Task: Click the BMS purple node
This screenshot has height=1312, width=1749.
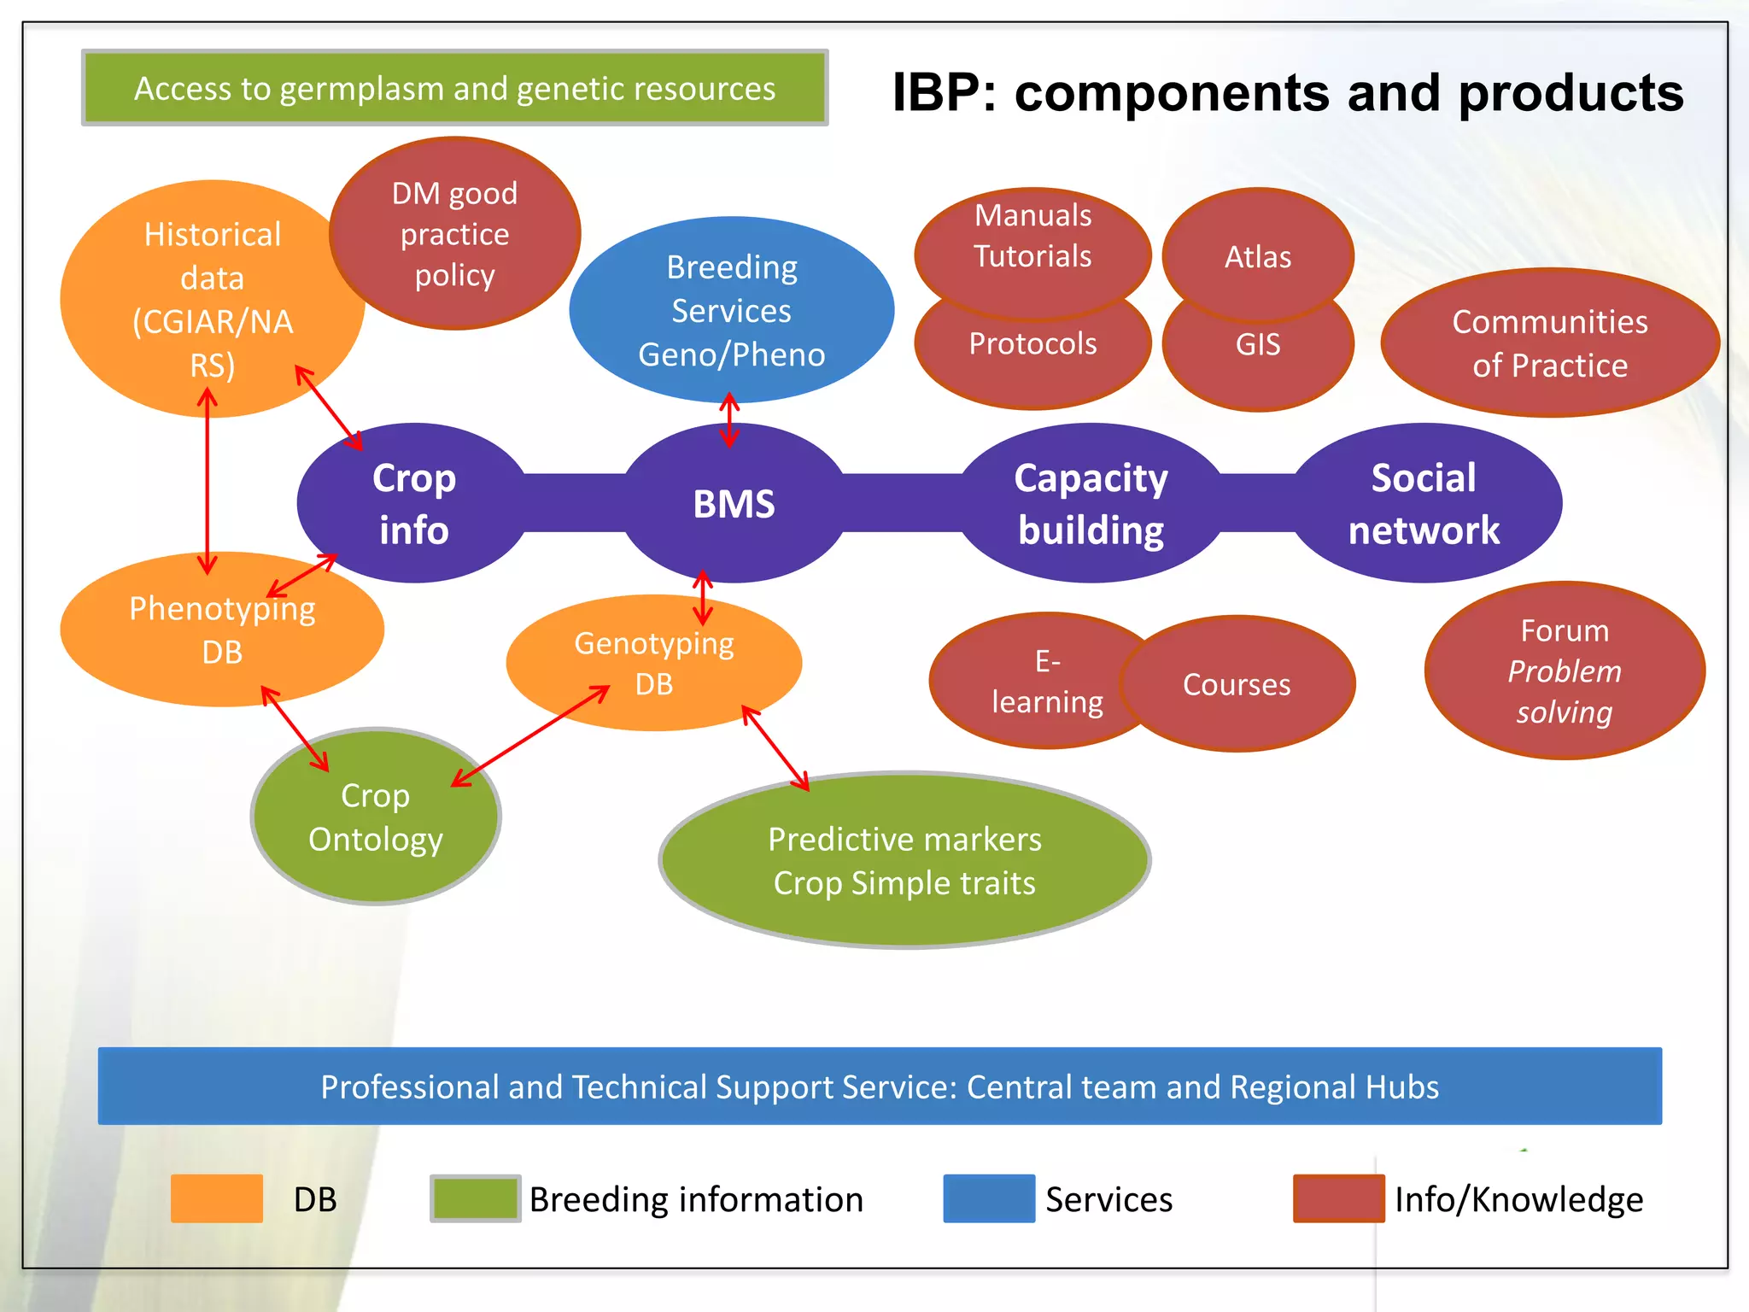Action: click(x=734, y=504)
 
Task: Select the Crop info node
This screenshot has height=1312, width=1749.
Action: click(x=413, y=504)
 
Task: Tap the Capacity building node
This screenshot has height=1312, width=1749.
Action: click(x=1091, y=504)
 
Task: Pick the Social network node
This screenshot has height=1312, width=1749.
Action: click(x=1424, y=504)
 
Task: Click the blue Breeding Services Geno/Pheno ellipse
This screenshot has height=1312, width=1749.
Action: click(x=731, y=310)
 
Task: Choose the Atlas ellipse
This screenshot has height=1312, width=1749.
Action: click(x=1258, y=248)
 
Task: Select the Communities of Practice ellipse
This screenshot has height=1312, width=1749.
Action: click(x=1549, y=343)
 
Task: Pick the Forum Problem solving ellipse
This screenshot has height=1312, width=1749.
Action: click(x=1564, y=671)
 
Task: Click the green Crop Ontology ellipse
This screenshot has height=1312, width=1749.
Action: click(x=376, y=817)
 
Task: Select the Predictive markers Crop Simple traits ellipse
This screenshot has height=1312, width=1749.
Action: click(x=904, y=861)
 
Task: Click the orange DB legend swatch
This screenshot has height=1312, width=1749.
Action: click(x=216, y=1198)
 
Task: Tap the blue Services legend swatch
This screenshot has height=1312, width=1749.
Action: click(x=988, y=1198)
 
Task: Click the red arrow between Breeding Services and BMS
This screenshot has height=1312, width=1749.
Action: click(x=728, y=419)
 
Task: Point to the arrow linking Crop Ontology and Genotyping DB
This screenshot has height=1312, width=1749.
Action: click(x=529, y=735)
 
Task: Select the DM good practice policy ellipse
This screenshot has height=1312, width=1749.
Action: click(x=455, y=233)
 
